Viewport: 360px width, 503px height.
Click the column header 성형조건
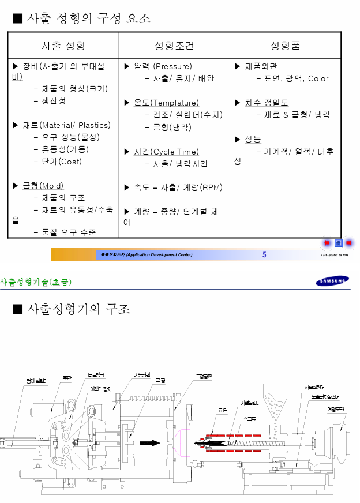[174, 46]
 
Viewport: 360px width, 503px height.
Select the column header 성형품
[286, 46]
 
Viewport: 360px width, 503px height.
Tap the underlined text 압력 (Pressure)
[163, 66]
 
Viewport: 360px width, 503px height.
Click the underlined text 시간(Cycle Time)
[166, 152]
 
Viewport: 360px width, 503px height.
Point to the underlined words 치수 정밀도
[266, 103]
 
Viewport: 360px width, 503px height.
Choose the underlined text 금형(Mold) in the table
[43, 186]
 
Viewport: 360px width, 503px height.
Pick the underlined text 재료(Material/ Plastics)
[66, 125]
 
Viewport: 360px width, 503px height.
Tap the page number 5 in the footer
[264, 254]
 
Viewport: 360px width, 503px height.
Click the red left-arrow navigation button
[327, 243]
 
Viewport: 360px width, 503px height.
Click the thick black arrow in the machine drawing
[151, 442]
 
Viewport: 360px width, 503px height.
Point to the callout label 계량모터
[335, 409]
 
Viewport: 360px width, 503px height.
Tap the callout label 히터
[223, 410]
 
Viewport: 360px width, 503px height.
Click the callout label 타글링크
[96, 374]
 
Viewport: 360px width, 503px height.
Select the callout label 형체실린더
[36, 381]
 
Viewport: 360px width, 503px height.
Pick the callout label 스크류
[250, 418]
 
